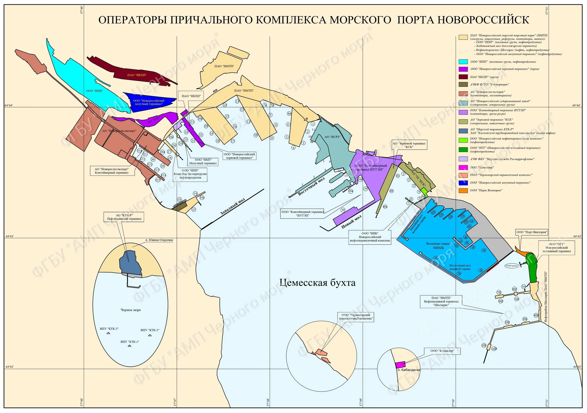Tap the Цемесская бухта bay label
coord(317,282)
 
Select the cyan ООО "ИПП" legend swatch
coord(463,62)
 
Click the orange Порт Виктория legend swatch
coord(463,191)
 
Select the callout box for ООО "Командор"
coord(442,351)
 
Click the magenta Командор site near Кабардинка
coord(400,365)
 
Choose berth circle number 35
coord(194,210)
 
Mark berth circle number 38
coord(343,210)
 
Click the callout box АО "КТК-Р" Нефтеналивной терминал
coord(124,217)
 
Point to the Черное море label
coord(131,310)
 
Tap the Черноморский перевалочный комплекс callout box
coord(356,317)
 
